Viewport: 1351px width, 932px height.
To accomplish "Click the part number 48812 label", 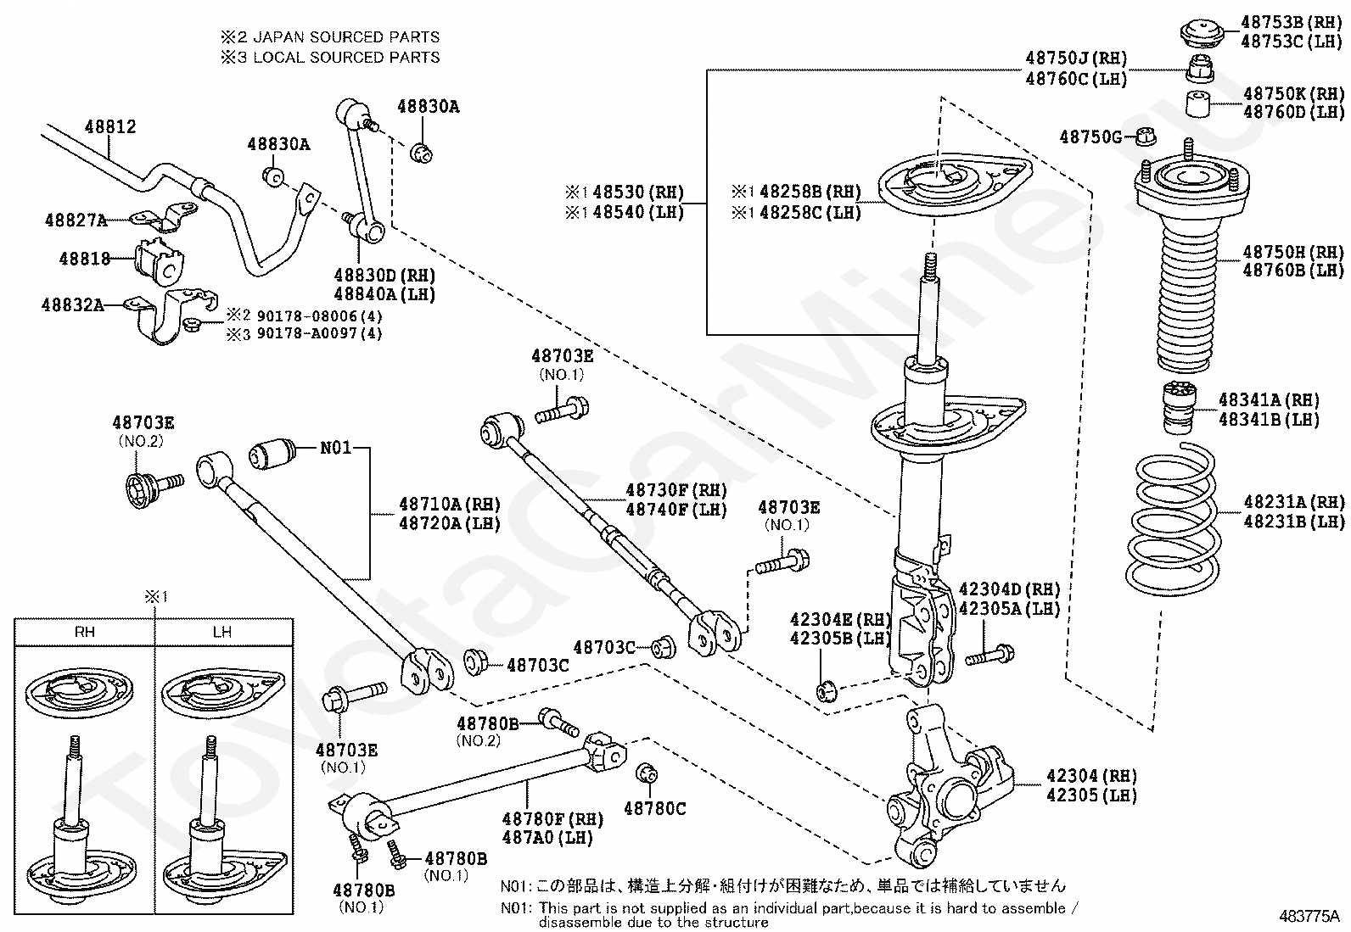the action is click(110, 126).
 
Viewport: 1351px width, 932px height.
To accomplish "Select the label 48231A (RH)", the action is click(1294, 501).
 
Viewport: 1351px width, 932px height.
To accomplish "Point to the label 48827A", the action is click(76, 220).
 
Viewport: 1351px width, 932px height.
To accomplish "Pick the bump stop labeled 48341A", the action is click(1178, 408).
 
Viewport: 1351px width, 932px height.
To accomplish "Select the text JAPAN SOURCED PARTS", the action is click(346, 37).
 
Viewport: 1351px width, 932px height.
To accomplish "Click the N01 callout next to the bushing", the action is click(336, 447).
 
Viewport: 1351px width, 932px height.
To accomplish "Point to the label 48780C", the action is click(654, 808).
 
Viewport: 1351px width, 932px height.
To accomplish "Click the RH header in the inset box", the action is click(85, 631).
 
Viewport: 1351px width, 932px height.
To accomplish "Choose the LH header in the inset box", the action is click(222, 631).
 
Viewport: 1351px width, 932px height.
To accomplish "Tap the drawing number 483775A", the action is click(1309, 917).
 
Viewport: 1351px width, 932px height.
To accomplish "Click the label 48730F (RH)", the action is click(676, 490).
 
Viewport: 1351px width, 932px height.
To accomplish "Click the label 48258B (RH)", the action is click(810, 192).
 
